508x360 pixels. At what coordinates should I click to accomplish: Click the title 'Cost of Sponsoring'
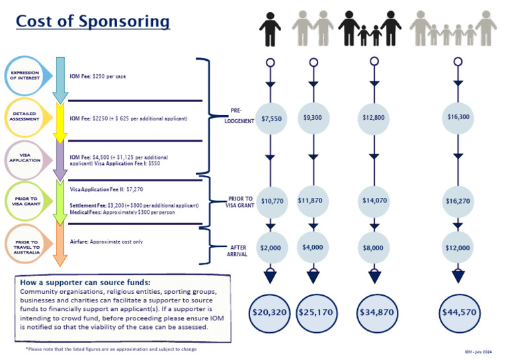(93, 22)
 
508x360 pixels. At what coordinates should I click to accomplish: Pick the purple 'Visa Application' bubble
(27, 158)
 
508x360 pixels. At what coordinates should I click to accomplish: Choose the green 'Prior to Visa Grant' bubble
(27, 201)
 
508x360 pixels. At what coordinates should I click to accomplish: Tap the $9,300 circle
(313, 118)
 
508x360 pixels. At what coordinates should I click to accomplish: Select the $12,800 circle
(374, 118)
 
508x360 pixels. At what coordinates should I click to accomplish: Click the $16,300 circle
(458, 118)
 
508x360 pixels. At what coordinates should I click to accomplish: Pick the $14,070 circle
(374, 201)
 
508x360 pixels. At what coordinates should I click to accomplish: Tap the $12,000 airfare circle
(458, 248)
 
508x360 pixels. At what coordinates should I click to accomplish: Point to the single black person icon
(270, 29)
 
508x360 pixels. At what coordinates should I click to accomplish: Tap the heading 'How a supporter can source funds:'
(85, 283)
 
